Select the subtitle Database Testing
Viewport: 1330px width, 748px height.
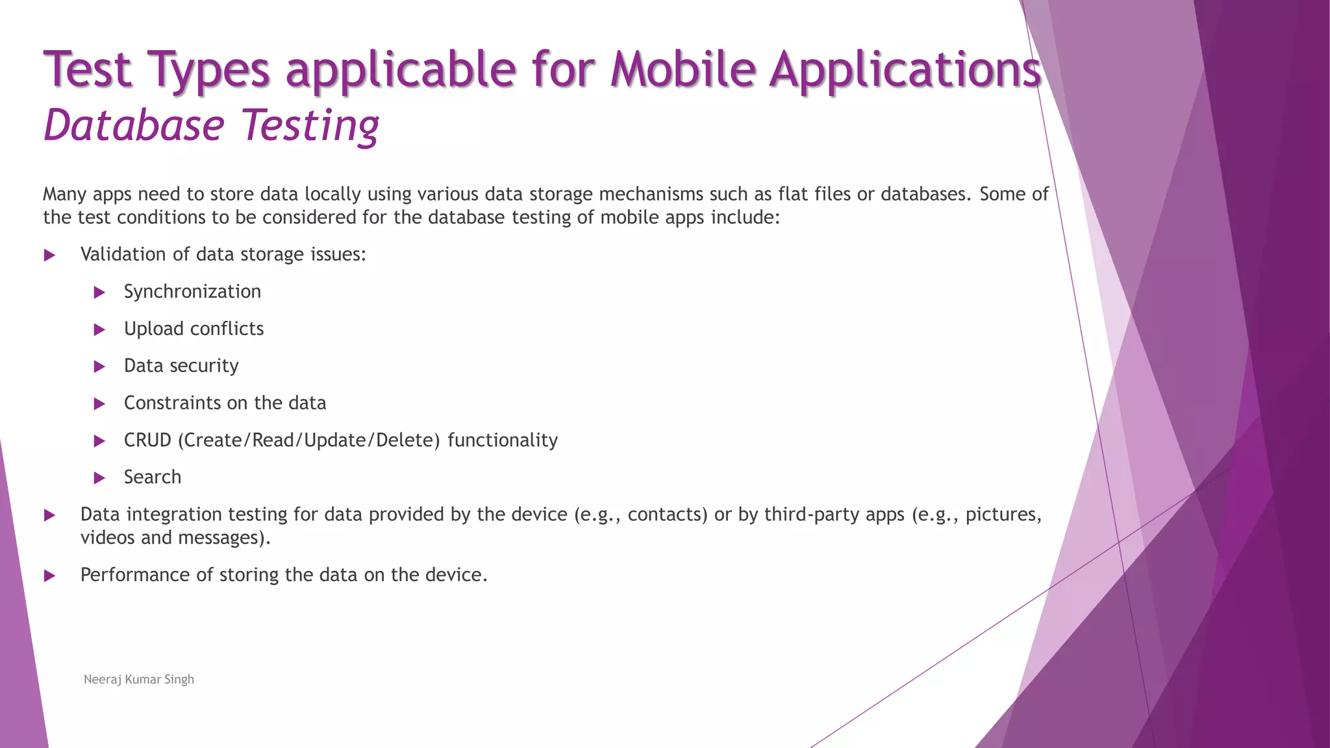click(211, 125)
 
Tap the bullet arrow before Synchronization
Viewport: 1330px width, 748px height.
click(99, 293)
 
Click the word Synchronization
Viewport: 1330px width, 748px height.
click(192, 292)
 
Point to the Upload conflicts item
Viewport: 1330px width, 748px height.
click(194, 329)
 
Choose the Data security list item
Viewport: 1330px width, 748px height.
click(181, 366)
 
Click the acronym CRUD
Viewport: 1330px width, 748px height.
click(147, 440)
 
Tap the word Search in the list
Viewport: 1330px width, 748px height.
click(153, 477)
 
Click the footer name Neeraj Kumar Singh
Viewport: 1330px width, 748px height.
click(139, 679)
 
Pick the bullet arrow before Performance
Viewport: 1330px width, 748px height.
click(49, 576)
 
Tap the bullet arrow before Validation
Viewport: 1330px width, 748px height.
click(49, 256)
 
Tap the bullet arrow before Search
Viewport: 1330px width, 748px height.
click(99, 479)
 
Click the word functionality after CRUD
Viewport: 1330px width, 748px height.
click(503, 440)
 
